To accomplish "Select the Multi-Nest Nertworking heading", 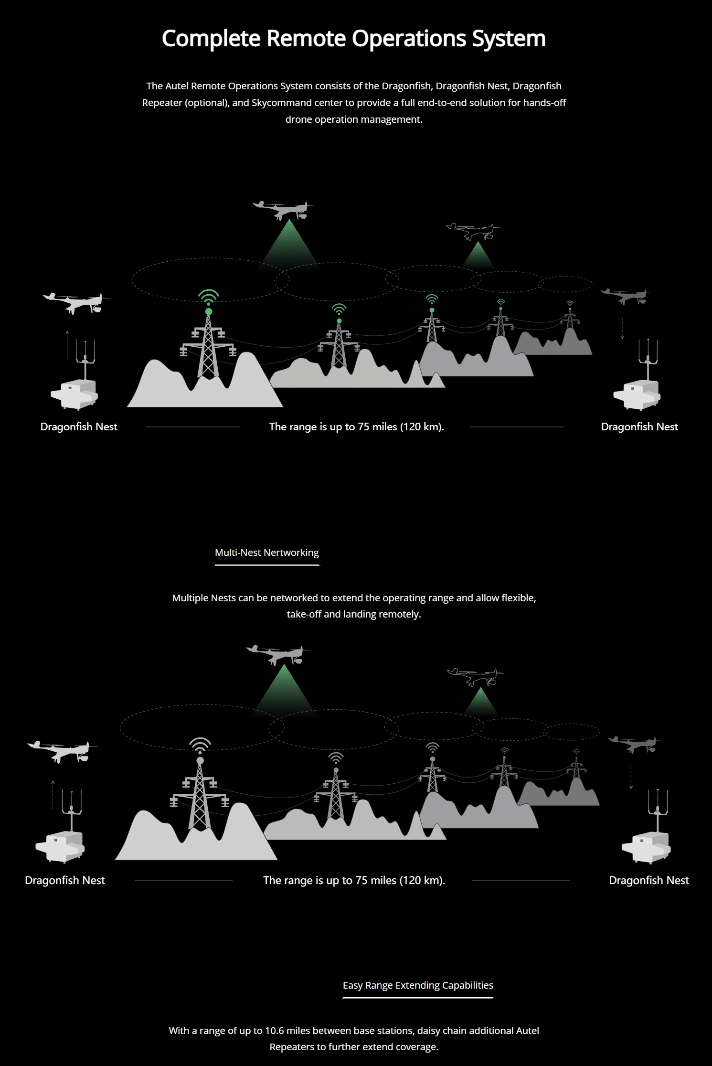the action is pos(267,553).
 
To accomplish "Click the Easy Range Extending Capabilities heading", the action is pos(418,985).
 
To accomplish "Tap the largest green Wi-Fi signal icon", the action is pos(209,298).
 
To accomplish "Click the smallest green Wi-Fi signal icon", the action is pos(570,303).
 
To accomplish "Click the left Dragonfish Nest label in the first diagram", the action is pos(79,427).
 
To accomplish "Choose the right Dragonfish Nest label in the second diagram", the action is pos(649,880).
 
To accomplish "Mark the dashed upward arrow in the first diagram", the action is pos(67,344).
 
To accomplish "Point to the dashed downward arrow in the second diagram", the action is pos(631,778).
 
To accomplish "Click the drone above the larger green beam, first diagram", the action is pos(284,210).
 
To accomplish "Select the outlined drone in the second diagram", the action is pos(475,676).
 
